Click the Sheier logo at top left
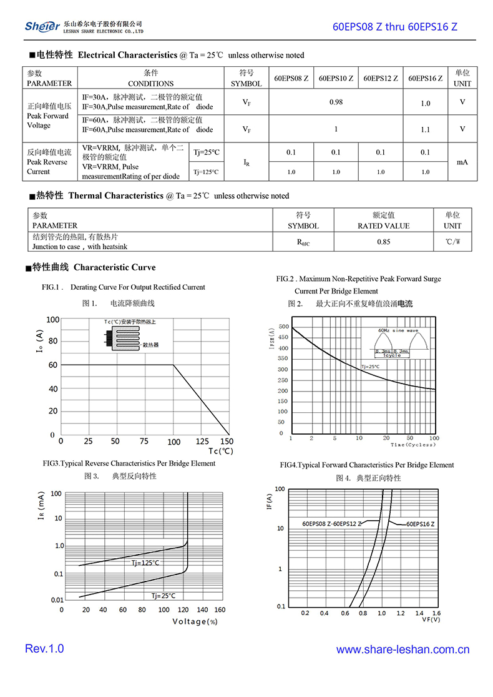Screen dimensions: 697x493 42,26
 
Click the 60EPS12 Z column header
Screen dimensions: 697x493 381,79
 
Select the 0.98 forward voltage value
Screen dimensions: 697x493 336,102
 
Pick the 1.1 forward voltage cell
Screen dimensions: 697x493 425,129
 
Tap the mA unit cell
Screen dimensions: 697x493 462,162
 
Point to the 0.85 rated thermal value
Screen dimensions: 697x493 384,242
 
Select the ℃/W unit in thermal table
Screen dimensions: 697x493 453,242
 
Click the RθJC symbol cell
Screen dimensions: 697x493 303,242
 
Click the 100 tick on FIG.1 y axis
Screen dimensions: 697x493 52,320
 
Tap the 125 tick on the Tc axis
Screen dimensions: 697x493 200,442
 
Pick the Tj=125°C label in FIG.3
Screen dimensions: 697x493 145,563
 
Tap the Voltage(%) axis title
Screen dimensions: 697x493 195,621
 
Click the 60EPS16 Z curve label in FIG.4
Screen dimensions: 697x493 420,523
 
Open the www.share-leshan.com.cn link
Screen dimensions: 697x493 403,650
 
